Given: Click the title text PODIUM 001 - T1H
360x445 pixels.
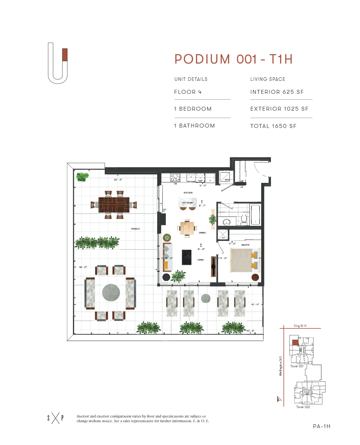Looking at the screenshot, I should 234,59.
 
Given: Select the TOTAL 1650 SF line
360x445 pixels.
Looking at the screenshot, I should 273,126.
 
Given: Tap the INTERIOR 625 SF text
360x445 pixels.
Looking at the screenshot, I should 277,92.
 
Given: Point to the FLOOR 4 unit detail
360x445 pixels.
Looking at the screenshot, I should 185,92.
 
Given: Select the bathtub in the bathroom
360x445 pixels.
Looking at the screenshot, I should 255,215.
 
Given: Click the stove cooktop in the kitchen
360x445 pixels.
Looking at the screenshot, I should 175,177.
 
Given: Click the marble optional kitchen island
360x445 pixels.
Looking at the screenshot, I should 187,203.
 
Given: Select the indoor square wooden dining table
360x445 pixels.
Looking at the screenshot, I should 187,228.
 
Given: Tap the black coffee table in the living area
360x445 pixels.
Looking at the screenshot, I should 186,257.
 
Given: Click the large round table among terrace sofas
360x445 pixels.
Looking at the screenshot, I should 111,293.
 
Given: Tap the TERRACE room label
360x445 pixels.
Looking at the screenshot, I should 136,229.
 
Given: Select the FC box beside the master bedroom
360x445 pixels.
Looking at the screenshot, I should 223,235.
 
